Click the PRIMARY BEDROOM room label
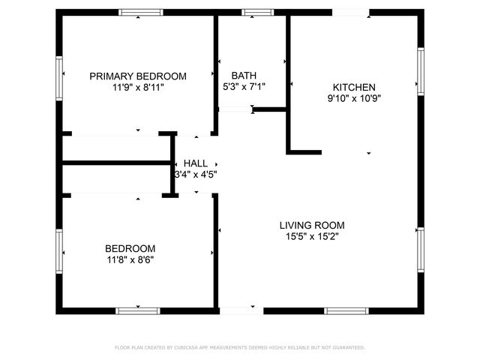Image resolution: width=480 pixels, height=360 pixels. click(138, 76)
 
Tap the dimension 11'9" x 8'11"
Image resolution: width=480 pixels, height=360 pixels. click(138, 87)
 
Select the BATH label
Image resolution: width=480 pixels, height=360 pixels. click(244, 75)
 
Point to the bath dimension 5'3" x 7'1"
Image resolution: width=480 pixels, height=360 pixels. click(244, 86)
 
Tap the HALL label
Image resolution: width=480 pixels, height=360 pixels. click(196, 163)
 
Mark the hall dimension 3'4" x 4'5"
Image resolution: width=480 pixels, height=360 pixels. click(196, 175)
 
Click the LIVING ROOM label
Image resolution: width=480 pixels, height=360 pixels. click(312, 225)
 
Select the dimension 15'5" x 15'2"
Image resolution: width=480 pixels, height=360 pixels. click(312, 236)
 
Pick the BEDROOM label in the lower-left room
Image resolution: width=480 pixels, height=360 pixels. click(130, 249)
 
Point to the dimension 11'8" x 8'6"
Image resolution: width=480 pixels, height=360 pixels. click(130, 260)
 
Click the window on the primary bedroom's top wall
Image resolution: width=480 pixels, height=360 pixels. click(142, 13)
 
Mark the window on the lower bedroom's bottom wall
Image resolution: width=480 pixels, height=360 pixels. click(138, 310)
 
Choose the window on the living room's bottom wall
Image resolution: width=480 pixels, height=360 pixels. click(346, 310)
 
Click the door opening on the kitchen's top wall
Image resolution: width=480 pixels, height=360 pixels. click(350, 13)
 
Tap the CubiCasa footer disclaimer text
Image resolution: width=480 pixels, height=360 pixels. click(239, 347)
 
